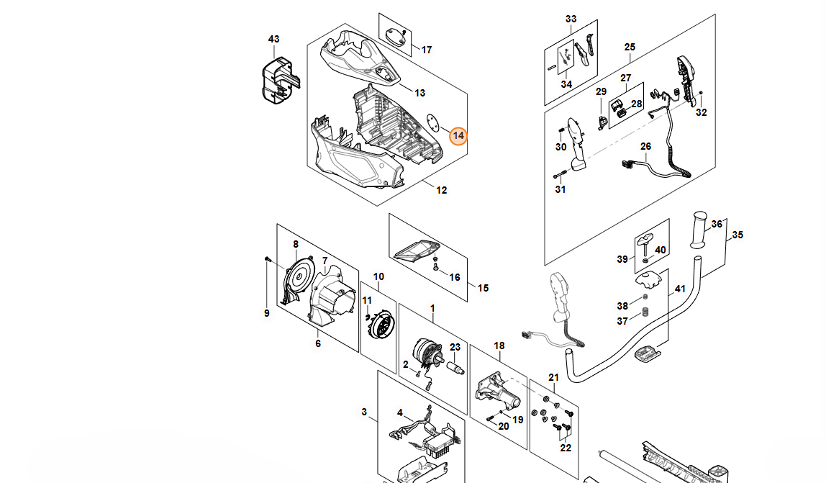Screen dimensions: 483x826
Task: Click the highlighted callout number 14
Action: (x=458, y=135)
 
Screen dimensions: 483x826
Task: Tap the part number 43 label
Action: (x=273, y=39)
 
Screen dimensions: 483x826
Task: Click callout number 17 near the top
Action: (x=427, y=50)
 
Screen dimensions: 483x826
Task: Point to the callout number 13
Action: (x=420, y=93)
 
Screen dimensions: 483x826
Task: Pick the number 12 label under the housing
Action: (x=441, y=190)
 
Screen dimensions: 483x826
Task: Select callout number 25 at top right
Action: (x=630, y=48)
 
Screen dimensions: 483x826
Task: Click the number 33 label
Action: (x=571, y=19)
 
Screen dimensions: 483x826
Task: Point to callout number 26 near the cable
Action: (x=645, y=147)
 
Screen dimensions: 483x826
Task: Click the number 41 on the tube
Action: (x=679, y=289)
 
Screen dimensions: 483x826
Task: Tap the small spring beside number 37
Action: (x=645, y=312)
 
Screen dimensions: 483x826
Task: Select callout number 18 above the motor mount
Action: (x=499, y=346)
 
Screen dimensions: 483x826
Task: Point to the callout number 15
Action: (x=483, y=288)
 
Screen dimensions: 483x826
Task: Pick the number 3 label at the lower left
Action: (x=364, y=412)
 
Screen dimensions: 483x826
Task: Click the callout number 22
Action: (x=566, y=448)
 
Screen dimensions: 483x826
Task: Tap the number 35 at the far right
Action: (x=737, y=235)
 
